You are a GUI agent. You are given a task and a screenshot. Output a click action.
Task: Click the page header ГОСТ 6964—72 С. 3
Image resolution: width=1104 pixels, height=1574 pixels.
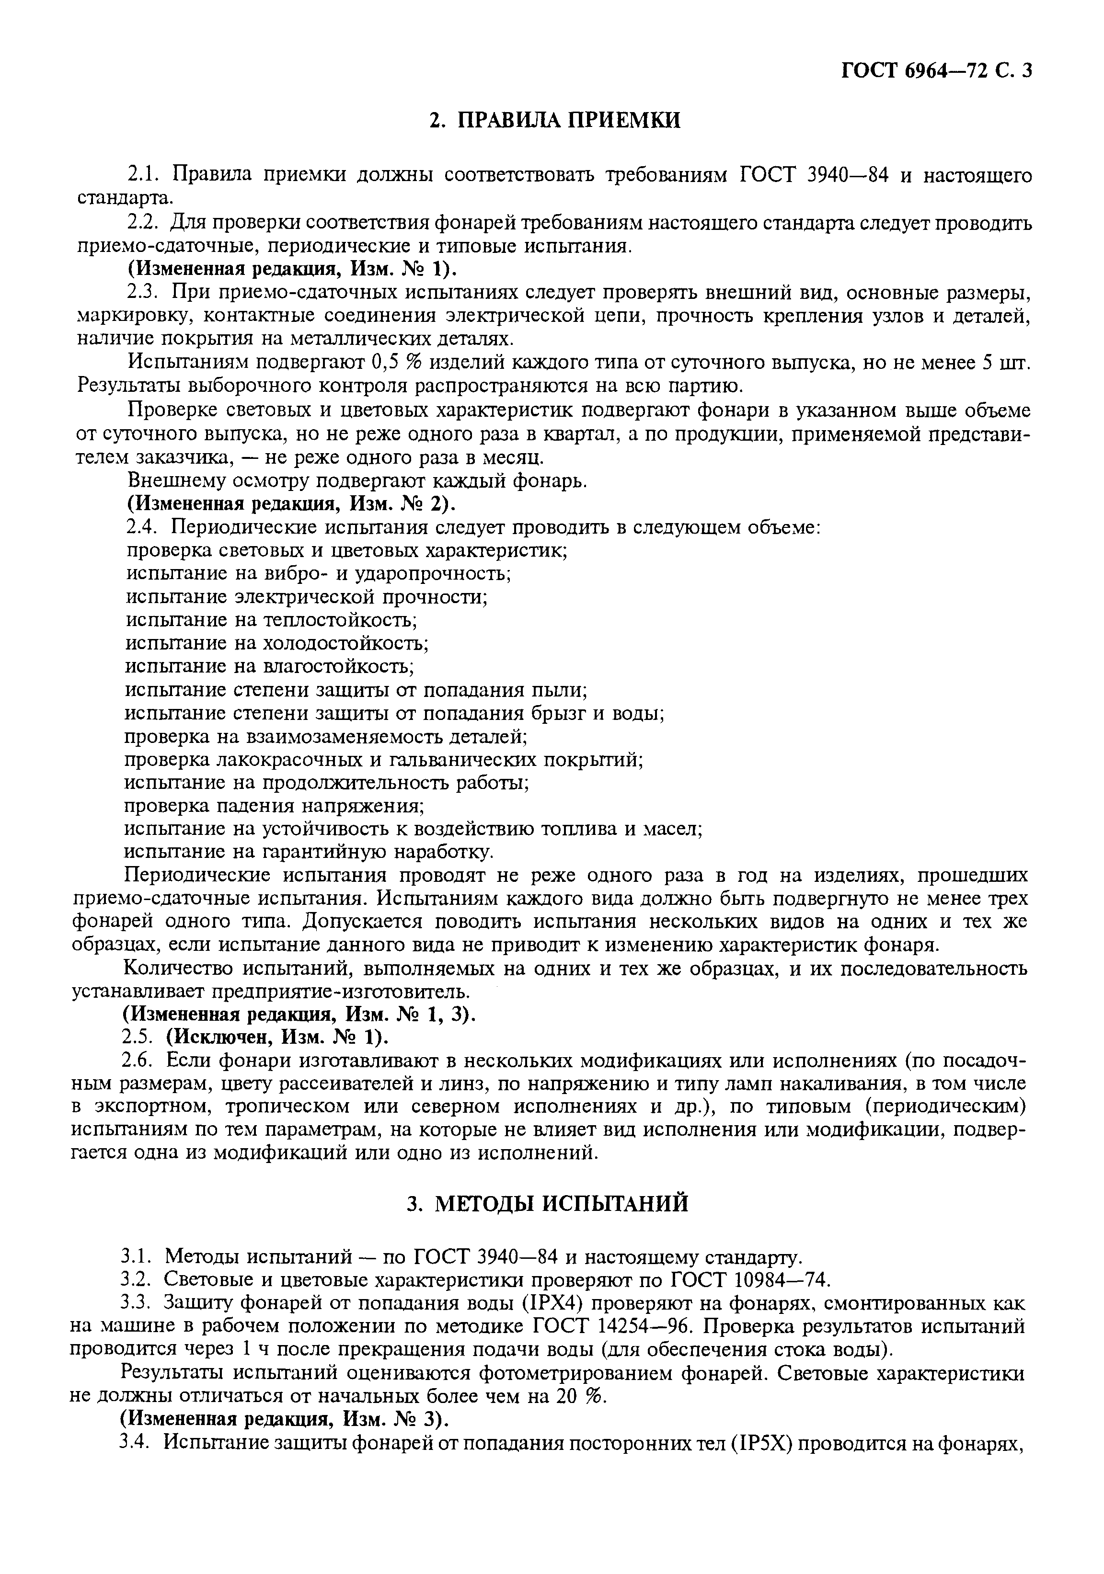click(x=935, y=70)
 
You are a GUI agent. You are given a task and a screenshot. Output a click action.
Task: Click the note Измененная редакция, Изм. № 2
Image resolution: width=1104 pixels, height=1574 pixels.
click(x=291, y=504)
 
